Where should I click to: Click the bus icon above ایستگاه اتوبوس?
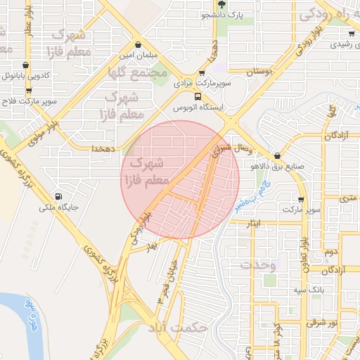(198, 96)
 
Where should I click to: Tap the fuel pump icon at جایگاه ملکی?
(58, 197)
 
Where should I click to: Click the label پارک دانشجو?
(229, 14)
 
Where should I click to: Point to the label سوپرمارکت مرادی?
(204, 83)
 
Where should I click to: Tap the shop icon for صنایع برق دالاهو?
(278, 155)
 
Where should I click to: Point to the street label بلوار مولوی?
(41, 133)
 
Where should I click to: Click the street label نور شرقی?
(302, 323)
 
